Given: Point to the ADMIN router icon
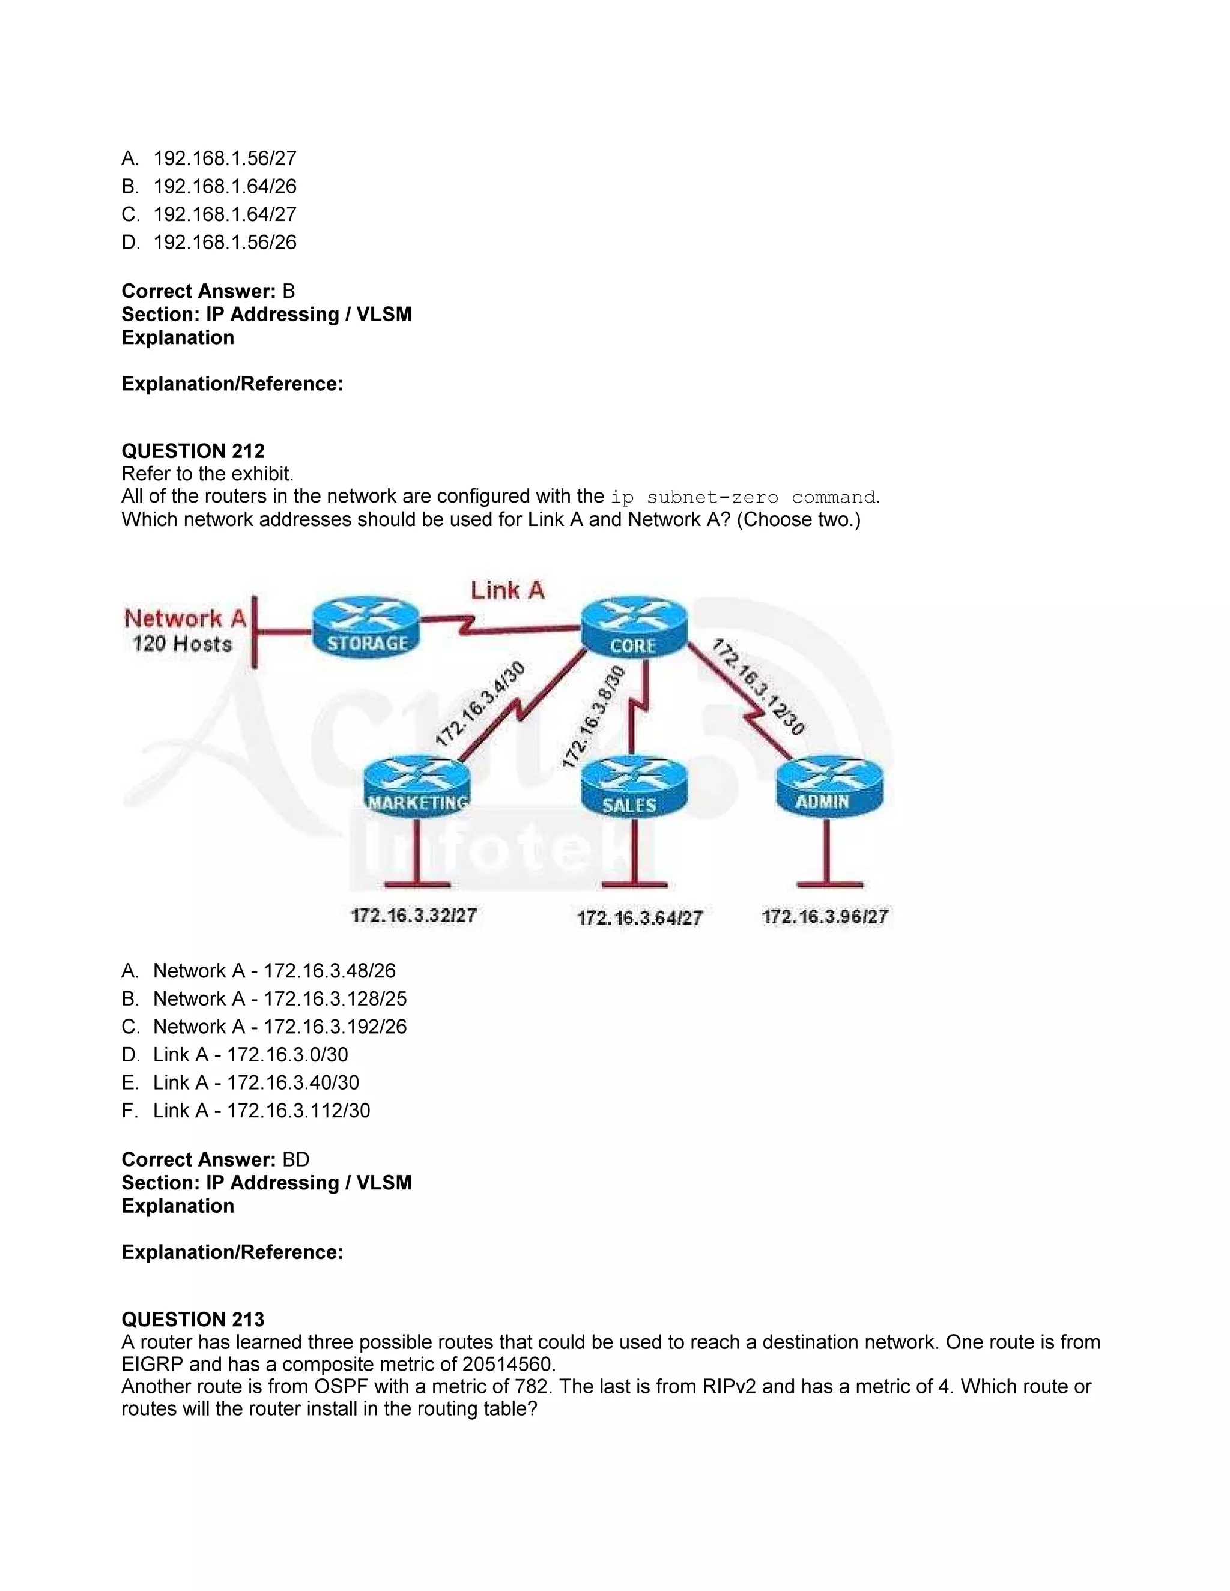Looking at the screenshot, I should point(828,786).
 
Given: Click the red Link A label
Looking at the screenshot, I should point(507,590).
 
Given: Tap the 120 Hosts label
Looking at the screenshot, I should point(182,644).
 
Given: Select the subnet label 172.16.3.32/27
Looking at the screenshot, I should point(414,915).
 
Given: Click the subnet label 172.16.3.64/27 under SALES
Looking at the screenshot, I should point(640,917).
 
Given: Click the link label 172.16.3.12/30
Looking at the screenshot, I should point(759,687).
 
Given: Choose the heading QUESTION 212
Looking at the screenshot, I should point(193,451).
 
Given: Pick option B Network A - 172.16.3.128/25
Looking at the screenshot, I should point(280,999).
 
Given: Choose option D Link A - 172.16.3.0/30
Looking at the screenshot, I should point(250,1054).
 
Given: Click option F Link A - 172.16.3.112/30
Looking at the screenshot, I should point(261,1110).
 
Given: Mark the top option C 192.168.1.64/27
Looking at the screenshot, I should point(225,214).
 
